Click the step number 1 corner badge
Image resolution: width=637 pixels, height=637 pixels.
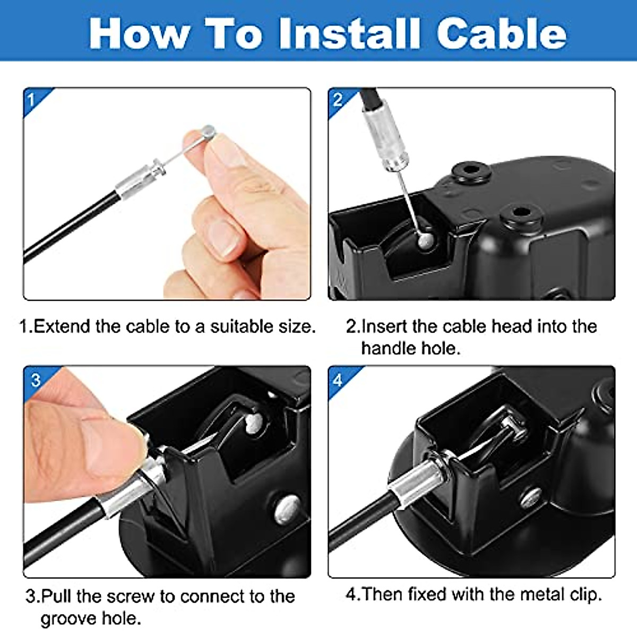(32, 99)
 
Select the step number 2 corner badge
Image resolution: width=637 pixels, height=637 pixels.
(338, 99)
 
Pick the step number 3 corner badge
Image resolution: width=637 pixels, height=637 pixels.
(35, 379)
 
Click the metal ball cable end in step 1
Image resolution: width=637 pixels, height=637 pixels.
(208, 131)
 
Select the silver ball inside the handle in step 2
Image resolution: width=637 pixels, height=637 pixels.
(425, 240)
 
